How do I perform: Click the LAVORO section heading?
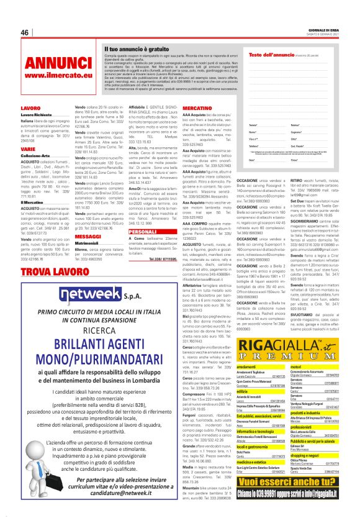(30, 108)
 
